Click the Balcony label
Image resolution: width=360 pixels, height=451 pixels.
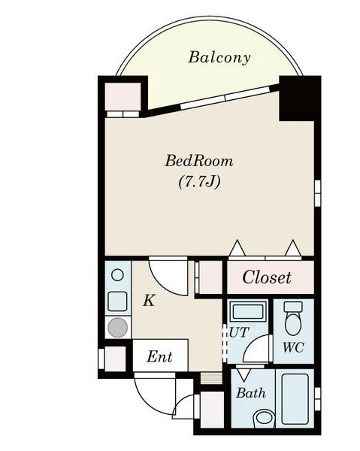coord(219,58)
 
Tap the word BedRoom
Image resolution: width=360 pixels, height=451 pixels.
coord(199,161)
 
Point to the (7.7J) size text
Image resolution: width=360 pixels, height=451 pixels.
coord(200,182)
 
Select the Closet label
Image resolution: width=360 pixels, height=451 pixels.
coord(267,277)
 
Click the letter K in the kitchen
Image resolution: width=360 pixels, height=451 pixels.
coord(150,301)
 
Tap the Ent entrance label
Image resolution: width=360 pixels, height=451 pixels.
coord(159,357)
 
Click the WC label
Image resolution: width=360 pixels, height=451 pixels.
coord(293,347)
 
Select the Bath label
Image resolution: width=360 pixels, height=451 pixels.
coord(251,393)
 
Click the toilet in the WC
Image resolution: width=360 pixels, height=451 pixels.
coord(293,318)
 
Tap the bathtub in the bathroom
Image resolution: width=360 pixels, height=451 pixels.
coord(295,399)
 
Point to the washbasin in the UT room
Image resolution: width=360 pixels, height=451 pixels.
coord(248,311)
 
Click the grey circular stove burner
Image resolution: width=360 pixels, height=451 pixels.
coord(117,328)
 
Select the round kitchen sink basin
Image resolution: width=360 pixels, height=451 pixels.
coord(117,275)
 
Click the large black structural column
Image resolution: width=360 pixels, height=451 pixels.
coord(300,98)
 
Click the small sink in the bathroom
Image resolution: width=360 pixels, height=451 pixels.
coord(265,418)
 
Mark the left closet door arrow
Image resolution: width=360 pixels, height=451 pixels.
coord(237,247)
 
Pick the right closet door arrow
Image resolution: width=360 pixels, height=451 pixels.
coord(293,247)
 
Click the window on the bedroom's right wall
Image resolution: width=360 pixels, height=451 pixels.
coord(317,193)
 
